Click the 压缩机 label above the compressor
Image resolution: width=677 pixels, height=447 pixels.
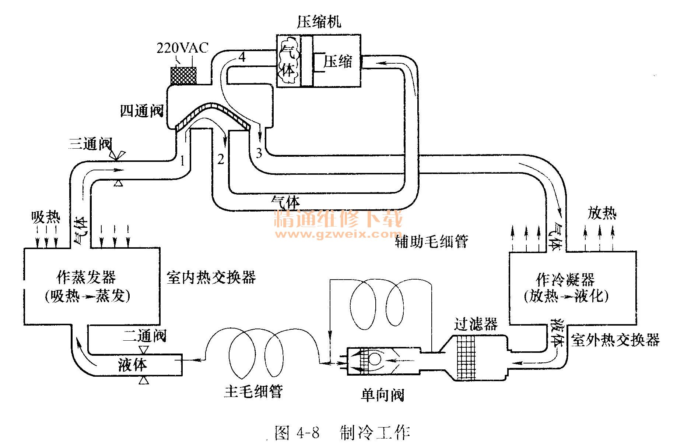319,22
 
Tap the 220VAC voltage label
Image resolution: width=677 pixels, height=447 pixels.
182,48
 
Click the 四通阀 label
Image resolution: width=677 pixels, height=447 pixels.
142,110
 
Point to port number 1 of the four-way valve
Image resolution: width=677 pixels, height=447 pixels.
182,161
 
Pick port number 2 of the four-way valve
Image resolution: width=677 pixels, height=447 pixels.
221,159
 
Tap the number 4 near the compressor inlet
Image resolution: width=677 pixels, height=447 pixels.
242,57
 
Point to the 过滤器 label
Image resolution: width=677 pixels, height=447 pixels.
476,324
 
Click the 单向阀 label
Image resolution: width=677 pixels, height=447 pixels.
382,395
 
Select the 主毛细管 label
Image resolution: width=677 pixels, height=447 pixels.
253,392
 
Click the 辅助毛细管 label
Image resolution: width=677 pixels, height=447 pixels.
431,241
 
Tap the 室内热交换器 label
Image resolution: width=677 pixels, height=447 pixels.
211,277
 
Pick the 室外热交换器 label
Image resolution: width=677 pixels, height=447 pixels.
615,340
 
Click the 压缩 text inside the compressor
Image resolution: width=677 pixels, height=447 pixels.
338,62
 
